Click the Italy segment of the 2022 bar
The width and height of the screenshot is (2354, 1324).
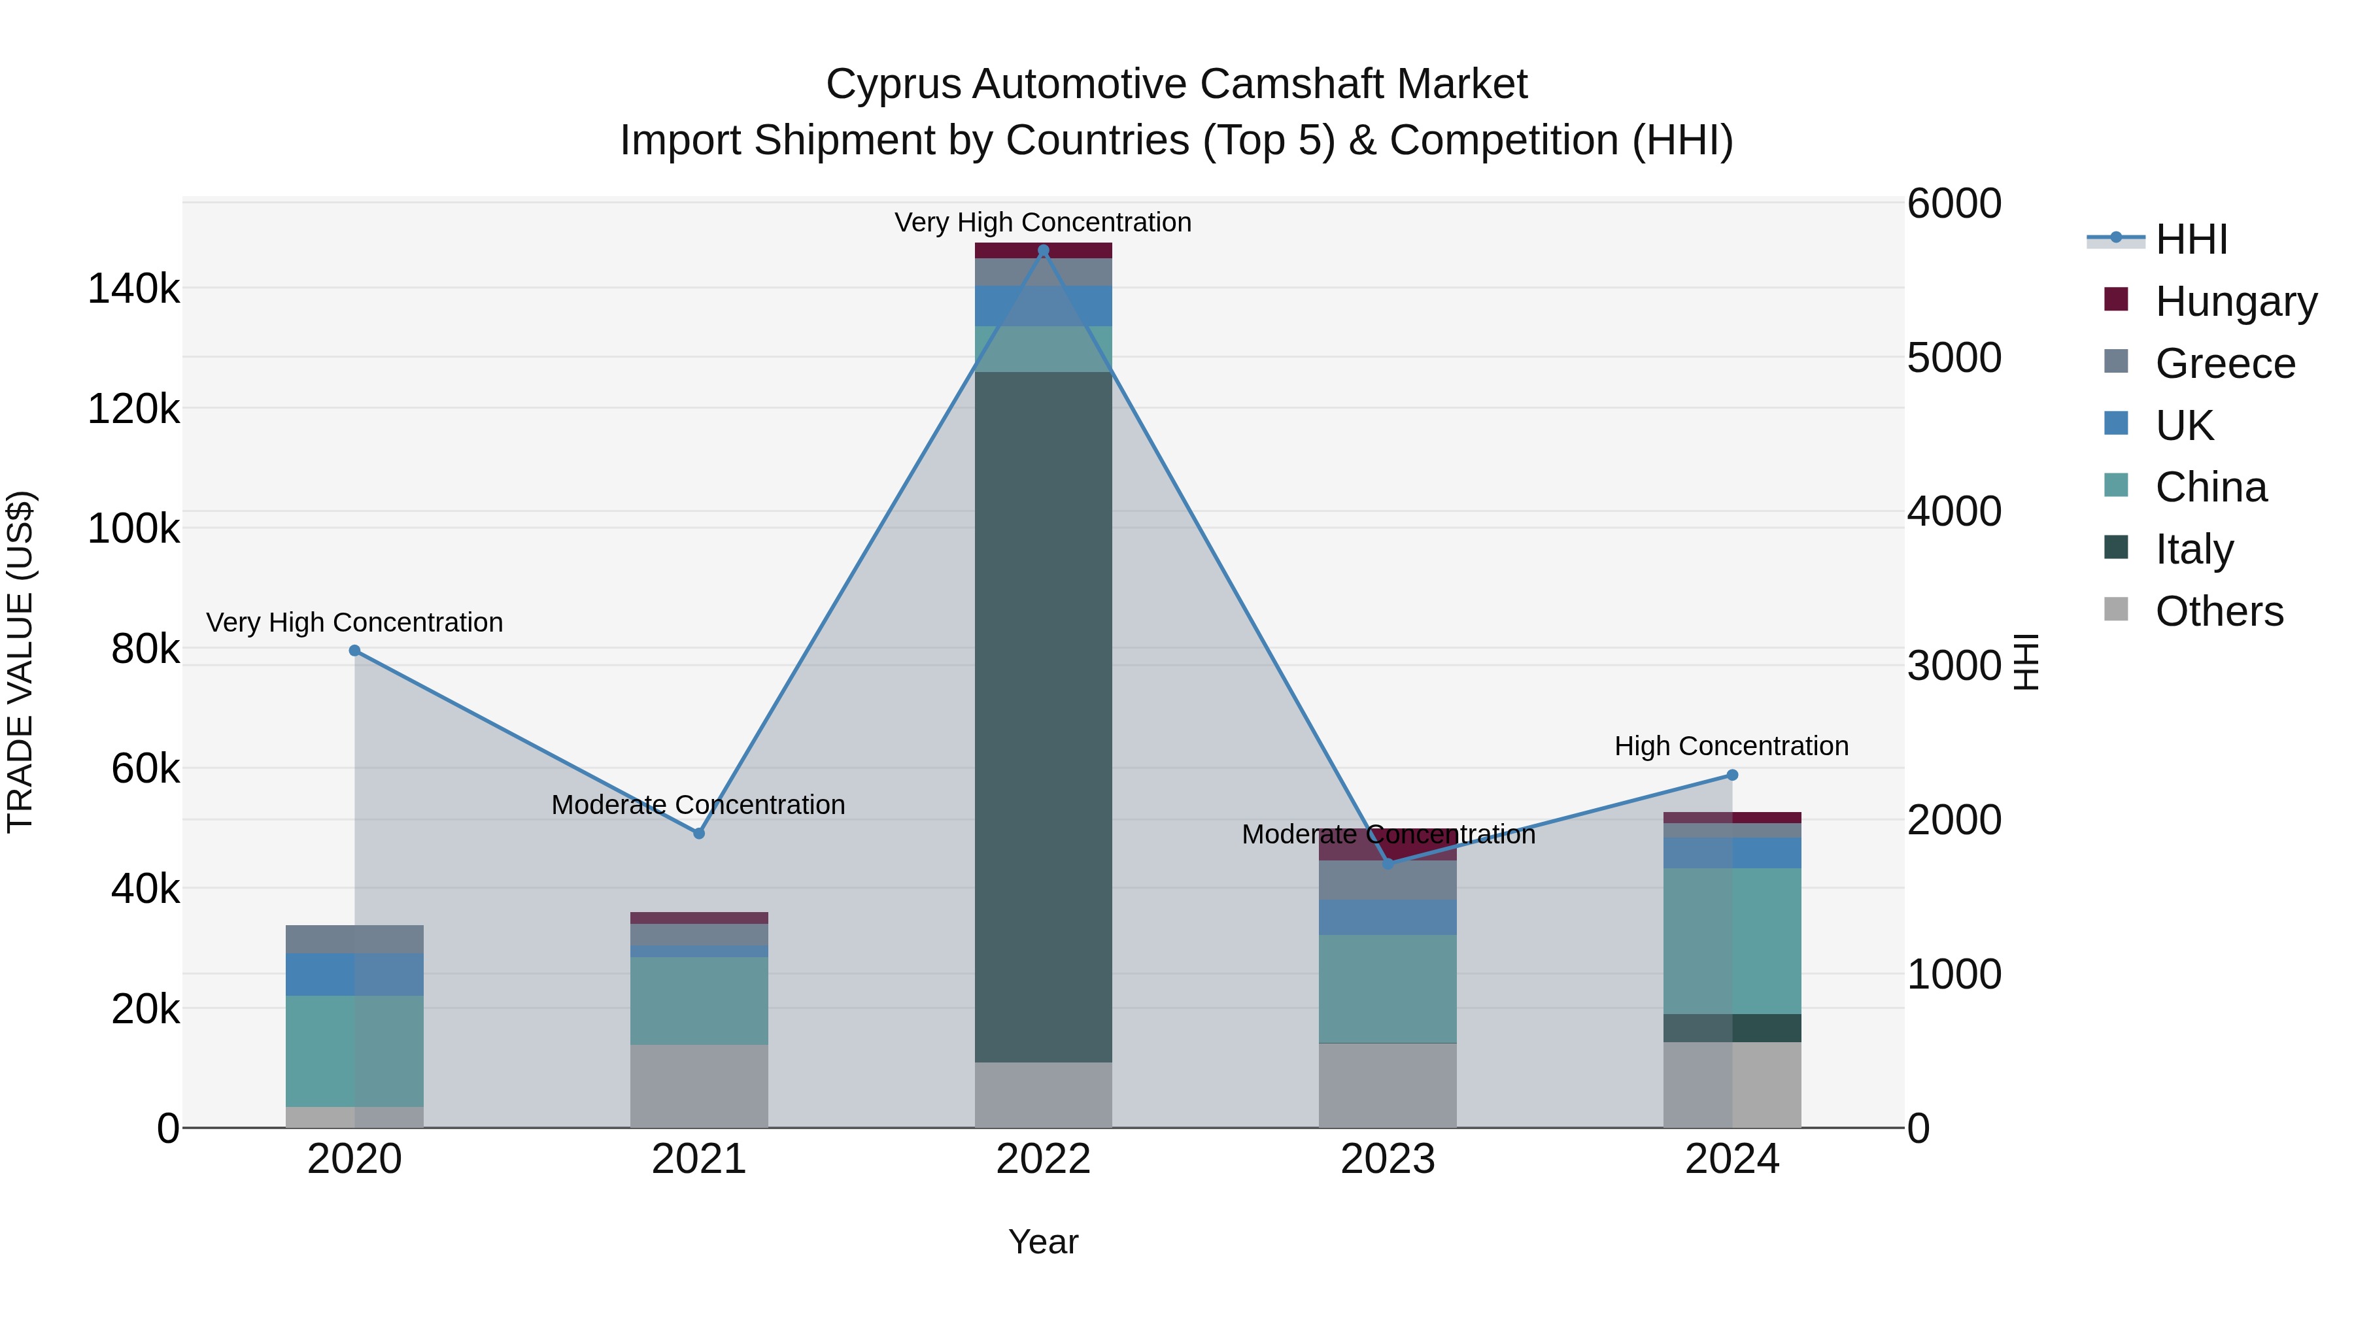coord(1043,717)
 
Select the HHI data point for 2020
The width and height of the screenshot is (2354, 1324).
coord(354,651)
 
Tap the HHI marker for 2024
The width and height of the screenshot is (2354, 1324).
coord(1731,775)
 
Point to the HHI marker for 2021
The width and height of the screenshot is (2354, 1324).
coord(699,834)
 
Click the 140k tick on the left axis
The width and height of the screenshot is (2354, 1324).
coord(133,290)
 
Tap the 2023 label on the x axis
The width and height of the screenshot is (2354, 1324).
coord(1387,1159)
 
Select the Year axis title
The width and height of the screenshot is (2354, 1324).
coord(1043,1242)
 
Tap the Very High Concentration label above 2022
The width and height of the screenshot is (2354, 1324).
coord(1043,222)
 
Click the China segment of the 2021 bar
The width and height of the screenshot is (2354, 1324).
coord(699,1000)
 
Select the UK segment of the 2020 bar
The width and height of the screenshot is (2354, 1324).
coord(354,974)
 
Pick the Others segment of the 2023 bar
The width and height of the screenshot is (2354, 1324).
coord(1387,1085)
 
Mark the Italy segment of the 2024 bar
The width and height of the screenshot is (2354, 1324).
coord(1731,1028)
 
